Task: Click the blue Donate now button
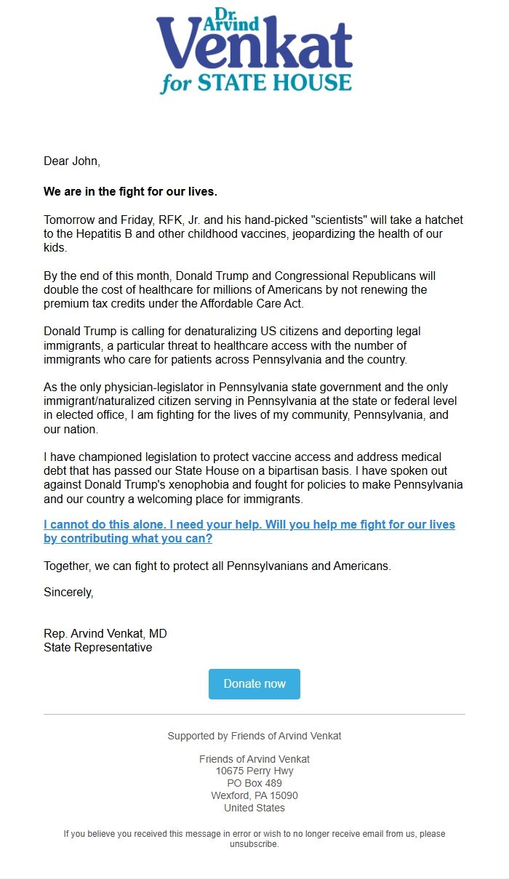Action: [x=254, y=684]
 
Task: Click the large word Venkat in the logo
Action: [x=254, y=49]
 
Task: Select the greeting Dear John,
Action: [x=72, y=161]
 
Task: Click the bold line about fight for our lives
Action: [x=130, y=192]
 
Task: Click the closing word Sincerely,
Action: [x=68, y=592]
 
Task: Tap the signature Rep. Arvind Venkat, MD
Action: [x=105, y=634]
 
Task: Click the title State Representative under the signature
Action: [x=98, y=648]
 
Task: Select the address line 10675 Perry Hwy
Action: [x=254, y=771]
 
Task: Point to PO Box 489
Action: [x=254, y=783]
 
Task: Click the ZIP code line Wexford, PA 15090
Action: [x=254, y=795]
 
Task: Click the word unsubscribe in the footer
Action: [x=254, y=845]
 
